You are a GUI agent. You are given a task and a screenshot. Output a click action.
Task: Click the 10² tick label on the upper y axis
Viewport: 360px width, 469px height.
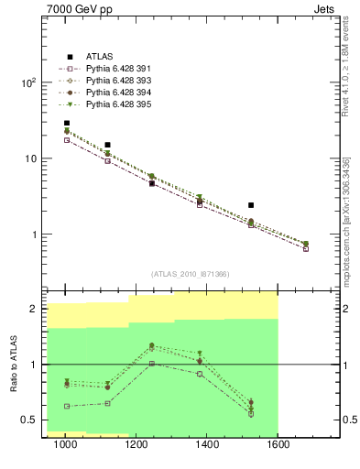pos(27,82)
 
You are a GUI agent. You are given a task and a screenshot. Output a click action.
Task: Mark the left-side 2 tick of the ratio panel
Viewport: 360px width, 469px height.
pos(32,310)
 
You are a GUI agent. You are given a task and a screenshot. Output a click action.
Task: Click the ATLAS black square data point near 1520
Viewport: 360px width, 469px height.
pos(250,205)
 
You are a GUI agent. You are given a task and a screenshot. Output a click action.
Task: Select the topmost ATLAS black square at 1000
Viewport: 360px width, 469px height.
pos(67,123)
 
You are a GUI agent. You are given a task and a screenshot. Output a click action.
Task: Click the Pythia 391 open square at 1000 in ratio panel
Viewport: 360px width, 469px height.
pos(67,406)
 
